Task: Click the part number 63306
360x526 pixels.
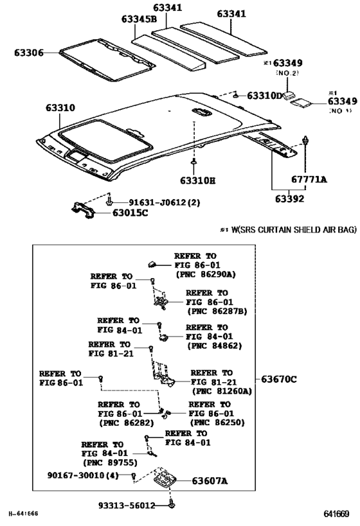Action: pyautogui.click(x=29, y=53)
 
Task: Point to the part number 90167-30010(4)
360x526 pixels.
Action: pyautogui.click(x=83, y=475)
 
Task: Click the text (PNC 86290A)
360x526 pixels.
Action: pyautogui.click(x=205, y=274)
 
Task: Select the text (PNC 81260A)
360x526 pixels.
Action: pyautogui.click(x=221, y=390)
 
